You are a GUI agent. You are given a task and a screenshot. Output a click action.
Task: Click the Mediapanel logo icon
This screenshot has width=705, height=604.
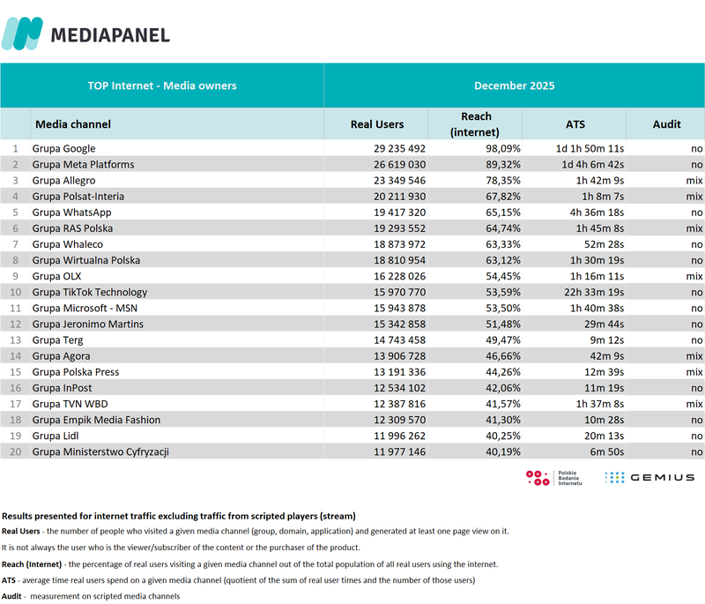point(22,34)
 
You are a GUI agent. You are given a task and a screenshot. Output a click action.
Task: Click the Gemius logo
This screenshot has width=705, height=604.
point(649,477)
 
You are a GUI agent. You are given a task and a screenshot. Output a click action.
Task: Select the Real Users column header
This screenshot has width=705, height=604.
point(376,124)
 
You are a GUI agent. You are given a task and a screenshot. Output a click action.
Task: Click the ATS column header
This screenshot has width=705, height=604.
point(575,124)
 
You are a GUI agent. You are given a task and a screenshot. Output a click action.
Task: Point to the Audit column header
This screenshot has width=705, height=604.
point(666,124)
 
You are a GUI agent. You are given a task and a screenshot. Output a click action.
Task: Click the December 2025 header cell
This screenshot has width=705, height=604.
point(514,86)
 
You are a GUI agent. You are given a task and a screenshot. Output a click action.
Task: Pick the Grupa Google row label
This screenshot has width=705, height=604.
point(63,149)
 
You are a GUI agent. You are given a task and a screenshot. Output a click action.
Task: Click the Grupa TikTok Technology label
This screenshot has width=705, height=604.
point(89,292)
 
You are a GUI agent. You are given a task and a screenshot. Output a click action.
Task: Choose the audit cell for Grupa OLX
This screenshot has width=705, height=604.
point(694,276)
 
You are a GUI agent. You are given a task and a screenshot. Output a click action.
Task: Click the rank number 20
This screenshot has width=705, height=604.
point(15,452)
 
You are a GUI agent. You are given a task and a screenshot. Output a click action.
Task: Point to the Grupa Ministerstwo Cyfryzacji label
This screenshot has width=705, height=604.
point(100,452)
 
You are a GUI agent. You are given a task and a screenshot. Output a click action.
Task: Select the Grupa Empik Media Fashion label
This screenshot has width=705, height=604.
point(96,421)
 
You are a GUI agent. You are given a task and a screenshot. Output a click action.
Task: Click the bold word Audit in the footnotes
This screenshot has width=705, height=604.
point(12,597)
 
